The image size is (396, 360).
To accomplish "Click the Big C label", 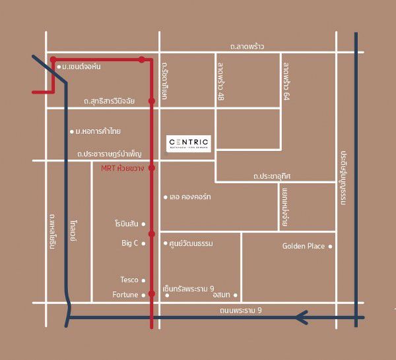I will click(x=130, y=243).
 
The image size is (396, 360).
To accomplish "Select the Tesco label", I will click(x=129, y=280).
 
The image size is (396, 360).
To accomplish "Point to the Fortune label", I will click(x=125, y=295).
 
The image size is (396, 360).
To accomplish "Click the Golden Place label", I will click(x=304, y=247).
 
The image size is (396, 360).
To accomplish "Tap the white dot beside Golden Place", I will click(x=331, y=247).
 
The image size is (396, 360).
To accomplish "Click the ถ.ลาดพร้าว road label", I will click(x=247, y=47).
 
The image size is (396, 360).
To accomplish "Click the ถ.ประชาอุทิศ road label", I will click(x=272, y=177).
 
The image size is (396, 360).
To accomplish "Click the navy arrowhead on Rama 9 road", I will click(x=302, y=318).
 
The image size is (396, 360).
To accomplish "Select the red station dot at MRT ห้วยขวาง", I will click(x=152, y=168).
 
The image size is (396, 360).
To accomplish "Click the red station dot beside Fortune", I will click(x=152, y=295).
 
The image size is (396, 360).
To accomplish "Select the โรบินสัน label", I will click(x=125, y=224).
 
